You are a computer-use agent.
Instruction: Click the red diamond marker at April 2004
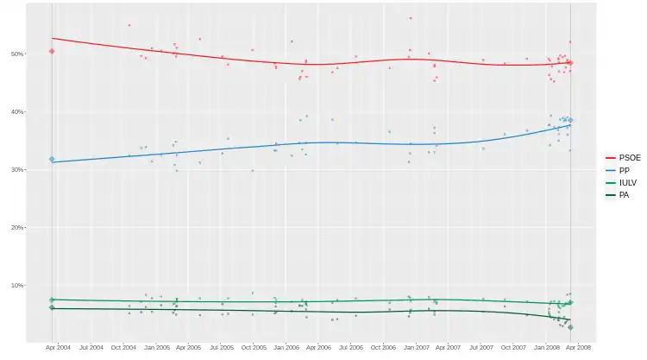52,51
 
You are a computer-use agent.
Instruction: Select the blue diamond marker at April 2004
52,160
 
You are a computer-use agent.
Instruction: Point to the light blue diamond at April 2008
570,120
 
